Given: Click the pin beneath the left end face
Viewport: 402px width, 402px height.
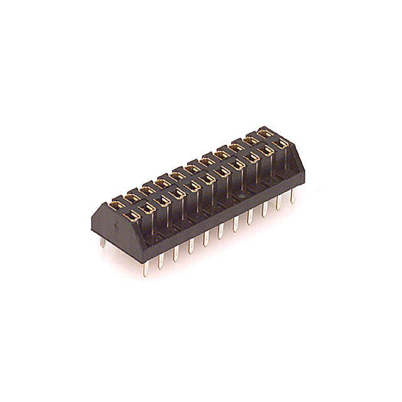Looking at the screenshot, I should (102, 242).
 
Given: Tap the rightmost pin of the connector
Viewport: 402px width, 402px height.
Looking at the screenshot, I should (293, 195).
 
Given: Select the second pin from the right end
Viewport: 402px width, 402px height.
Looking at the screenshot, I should (278, 202).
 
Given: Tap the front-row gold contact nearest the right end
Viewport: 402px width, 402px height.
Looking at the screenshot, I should (281, 144).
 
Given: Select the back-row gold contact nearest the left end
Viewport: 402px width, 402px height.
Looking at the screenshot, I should (117, 204).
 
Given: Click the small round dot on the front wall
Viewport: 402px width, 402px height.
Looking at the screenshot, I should (239, 197).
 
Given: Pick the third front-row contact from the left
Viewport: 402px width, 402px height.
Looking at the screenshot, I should (163, 200).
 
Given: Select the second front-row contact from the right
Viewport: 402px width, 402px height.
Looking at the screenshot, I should (266, 151).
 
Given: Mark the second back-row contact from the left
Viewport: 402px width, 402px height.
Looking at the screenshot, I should (132, 197).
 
